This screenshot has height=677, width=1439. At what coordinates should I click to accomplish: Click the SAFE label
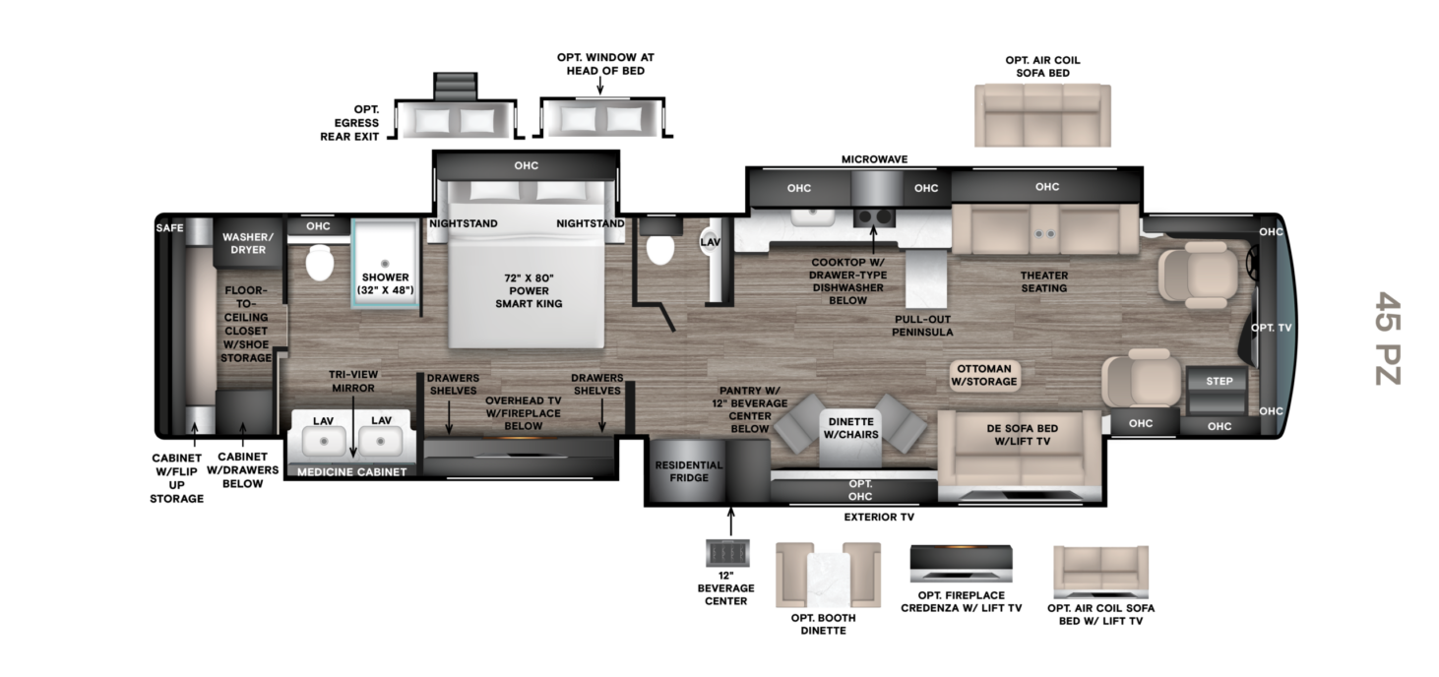(169, 228)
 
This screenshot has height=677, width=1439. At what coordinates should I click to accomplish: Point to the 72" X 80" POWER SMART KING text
(529, 290)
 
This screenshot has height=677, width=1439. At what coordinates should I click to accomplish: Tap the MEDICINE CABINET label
(352, 471)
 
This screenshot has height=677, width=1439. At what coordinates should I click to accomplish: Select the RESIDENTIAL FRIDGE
(688, 471)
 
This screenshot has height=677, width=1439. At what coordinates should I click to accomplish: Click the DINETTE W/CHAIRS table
(848, 429)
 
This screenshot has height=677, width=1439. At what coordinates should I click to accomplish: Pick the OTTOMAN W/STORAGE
(983, 375)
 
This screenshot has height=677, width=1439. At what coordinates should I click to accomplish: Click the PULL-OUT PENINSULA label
(922, 326)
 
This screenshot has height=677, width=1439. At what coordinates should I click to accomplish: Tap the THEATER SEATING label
(1043, 281)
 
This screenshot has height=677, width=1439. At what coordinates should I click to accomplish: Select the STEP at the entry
(1218, 381)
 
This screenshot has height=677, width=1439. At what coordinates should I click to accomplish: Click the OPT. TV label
(1270, 328)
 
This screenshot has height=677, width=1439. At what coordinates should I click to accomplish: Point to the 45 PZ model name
(1387, 338)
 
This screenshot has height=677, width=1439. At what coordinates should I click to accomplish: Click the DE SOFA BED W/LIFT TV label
(1021, 434)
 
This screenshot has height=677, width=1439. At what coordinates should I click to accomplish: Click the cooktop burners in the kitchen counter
(875, 215)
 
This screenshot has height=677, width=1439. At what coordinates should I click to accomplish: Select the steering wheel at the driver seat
(1254, 261)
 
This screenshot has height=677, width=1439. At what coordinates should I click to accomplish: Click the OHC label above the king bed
(527, 165)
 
